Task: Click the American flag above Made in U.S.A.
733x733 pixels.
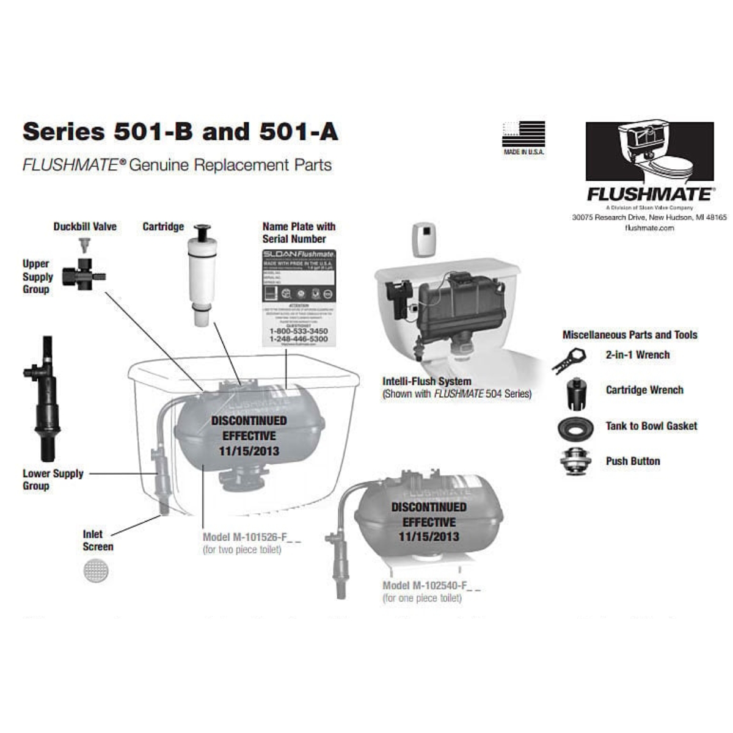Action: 523,134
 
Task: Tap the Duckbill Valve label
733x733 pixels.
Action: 84,227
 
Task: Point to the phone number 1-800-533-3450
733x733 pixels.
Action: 298,331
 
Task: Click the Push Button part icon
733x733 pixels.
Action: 575,461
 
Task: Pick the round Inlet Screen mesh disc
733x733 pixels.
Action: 96,571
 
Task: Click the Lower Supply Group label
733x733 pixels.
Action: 53,480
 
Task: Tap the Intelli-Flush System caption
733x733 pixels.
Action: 426,381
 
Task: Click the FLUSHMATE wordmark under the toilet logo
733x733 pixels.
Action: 649,194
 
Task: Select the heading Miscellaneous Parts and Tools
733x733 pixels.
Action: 629,335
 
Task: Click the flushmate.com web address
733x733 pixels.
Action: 649,228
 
